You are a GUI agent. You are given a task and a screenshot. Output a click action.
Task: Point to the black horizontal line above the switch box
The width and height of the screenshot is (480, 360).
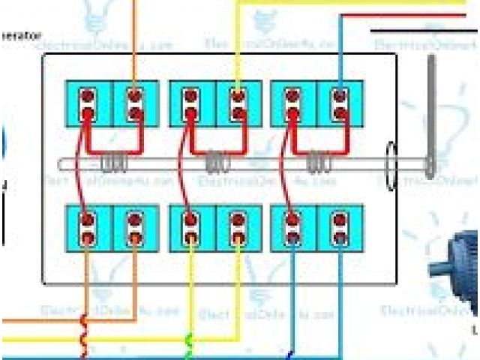pyautogui.click(x=424, y=31)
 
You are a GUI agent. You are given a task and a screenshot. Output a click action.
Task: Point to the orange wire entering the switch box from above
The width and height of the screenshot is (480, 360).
pyautogui.click(x=135, y=37)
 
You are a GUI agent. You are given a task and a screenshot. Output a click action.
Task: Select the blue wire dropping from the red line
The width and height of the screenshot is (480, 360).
pyautogui.click(x=340, y=52)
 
